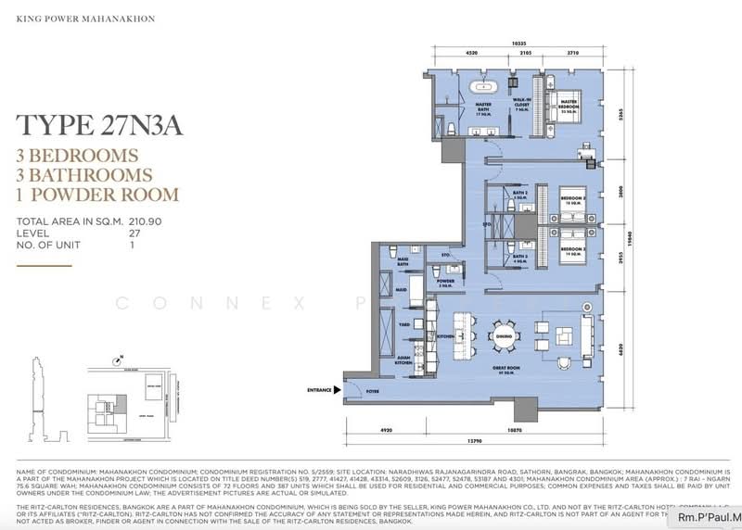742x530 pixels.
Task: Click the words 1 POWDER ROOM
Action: pyautogui.click(x=98, y=195)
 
